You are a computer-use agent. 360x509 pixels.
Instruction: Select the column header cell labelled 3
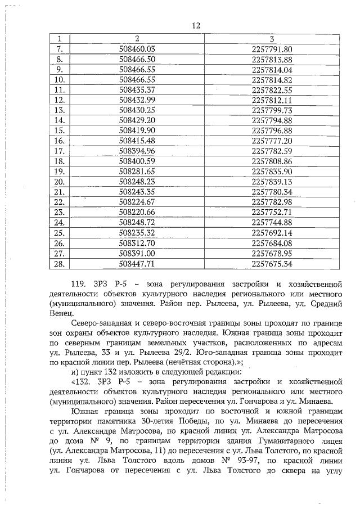[x=272, y=39]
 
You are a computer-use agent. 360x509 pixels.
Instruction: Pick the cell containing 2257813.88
[x=272, y=59]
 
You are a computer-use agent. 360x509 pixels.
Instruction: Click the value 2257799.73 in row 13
[x=272, y=110]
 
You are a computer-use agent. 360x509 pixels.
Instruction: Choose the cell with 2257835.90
[x=272, y=171]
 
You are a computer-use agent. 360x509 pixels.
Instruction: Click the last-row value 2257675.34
[x=272, y=263]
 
